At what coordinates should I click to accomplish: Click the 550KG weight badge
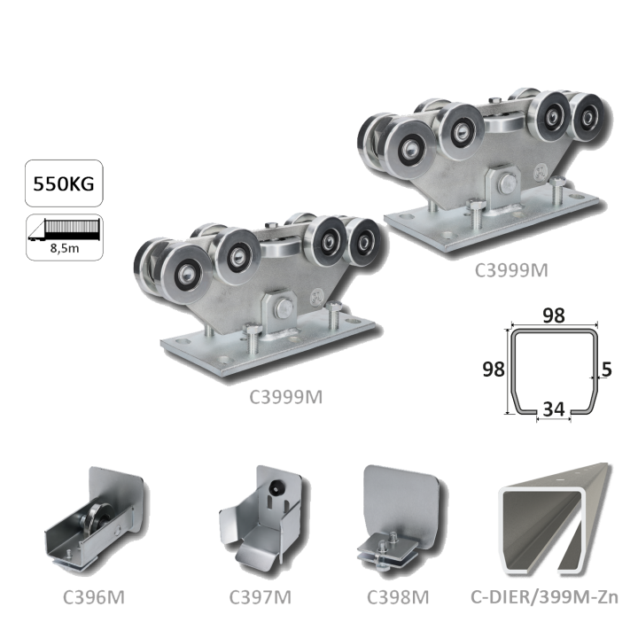(x=64, y=183)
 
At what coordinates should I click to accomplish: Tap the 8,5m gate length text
(x=65, y=248)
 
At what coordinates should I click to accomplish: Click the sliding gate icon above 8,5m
(x=65, y=230)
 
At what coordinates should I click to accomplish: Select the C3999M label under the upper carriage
(x=511, y=270)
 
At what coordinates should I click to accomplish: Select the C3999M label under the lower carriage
(x=285, y=397)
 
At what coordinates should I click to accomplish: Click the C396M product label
(x=94, y=597)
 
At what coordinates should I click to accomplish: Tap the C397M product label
(x=260, y=597)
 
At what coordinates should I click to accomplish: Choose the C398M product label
(x=398, y=597)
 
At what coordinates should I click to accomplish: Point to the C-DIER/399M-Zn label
(x=544, y=597)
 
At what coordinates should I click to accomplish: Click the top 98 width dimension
(x=554, y=315)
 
